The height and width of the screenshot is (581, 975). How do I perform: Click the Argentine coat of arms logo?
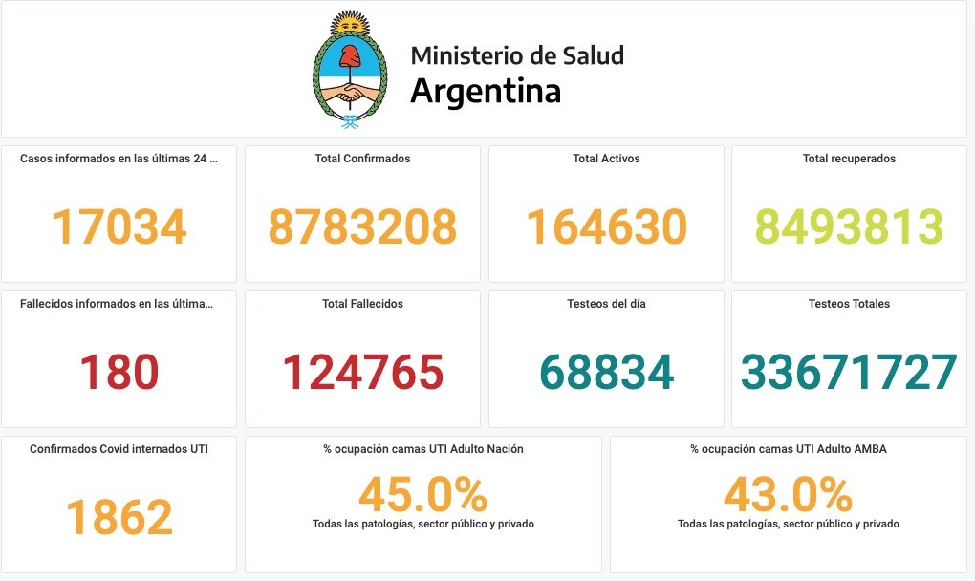point(351,69)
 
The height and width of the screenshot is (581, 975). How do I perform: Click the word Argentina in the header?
point(485,91)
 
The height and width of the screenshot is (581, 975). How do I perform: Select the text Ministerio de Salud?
point(517,55)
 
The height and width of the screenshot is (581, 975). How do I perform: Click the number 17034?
point(119,226)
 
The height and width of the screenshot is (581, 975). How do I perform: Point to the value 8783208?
point(362,226)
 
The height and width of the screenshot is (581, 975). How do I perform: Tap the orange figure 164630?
point(606,226)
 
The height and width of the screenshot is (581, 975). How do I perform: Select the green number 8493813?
point(850,226)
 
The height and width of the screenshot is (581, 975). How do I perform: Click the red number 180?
point(119,372)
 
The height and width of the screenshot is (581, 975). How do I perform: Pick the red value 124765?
point(362,372)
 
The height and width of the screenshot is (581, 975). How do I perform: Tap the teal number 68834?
point(606,372)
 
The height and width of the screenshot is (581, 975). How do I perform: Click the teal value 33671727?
point(850,372)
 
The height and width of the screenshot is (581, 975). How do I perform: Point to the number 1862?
point(119,517)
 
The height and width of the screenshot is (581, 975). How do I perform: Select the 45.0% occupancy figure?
point(422,495)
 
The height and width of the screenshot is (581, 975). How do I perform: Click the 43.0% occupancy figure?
point(788,495)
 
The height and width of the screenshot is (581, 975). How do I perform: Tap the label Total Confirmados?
point(362,159)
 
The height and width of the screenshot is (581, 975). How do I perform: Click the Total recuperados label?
point(850,159)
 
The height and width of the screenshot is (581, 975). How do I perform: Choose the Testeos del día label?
point(606,304)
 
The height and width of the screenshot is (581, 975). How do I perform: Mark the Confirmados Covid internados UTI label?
point(119,448)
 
